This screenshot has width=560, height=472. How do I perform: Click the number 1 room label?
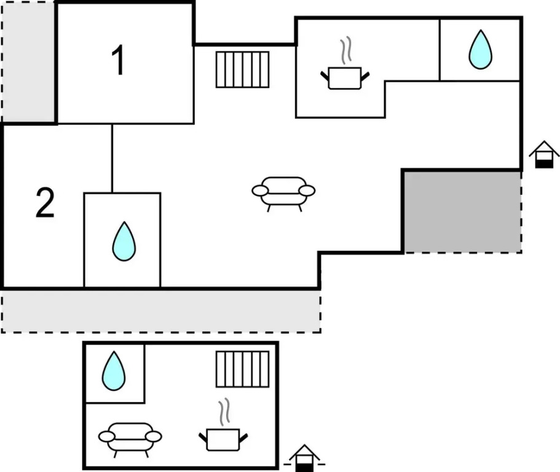pyautogui.click(x=118, y=60)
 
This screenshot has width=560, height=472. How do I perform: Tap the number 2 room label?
pyautogui.click(x=45, y=203)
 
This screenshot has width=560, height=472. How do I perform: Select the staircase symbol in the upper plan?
pyautogui.click(x=242, y=69)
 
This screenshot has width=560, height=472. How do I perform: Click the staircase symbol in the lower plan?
pyautogui.click(x=242, y=369)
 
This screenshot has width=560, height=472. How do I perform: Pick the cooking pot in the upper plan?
pyautogui.click(x=345, y=77)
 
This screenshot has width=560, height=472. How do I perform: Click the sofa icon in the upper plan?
pyautogui.click(x=283, y=194)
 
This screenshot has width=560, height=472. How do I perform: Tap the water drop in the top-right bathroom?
pyautogui.click(x=480, y=50)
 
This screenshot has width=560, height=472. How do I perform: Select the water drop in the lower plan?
pyautogui.click(x=114, y=371)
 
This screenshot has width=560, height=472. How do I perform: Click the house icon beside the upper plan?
pyautogui.click(x=544, y=154)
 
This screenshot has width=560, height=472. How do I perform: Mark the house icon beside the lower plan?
pyautogui.click(x=304, y=458)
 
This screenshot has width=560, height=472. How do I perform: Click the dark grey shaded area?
pyautogui.click(x=462, y=211)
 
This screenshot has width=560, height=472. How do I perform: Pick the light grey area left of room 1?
pyautogui.click(x=28, y=62)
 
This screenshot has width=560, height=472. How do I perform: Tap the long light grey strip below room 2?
pyautogui.click(x=161, y=311)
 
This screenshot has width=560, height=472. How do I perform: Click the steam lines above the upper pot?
pyautogui.click(x=345, y=50)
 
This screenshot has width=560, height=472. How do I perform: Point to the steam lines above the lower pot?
pyautogui.click(x=224, y=412)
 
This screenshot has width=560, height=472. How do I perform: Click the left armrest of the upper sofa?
pyautogui.click(x=260, y=191)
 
